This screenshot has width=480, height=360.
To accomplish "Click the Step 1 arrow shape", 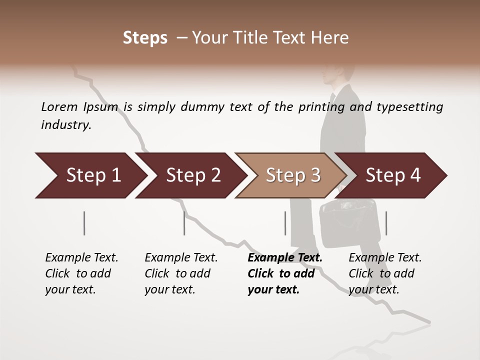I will (90, 175).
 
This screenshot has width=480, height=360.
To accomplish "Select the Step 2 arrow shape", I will (191, 175).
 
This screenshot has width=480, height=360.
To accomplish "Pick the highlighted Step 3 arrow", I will (292, 175).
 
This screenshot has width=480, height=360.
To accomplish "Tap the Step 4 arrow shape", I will (393, 175).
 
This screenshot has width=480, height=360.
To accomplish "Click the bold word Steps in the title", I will (145, 38).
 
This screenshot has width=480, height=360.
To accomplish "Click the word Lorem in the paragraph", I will (59, 106).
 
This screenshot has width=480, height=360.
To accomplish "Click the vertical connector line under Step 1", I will (84, 223).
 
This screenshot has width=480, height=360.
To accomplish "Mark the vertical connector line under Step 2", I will (184, 223).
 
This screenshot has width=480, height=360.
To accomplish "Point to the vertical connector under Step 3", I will (285, 223).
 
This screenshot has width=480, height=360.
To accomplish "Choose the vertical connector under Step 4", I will (386, 223).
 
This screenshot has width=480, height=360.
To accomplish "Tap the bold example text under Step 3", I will (284, 273).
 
